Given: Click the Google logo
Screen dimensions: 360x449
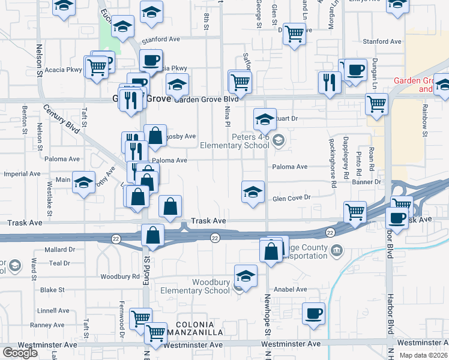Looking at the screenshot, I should click(x=19, y=353).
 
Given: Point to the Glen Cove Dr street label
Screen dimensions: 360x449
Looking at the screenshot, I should click(x=291, y=197).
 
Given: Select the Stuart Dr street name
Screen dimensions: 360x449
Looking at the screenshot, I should click(x=285, y=119).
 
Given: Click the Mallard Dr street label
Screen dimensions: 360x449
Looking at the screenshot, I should click(x=59, y=249).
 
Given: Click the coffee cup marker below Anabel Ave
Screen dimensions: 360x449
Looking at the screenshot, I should click(x=313, y=314).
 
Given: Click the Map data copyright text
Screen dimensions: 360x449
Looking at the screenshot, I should click(x=424, y=355).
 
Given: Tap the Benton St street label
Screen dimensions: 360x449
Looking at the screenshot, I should click(x=25, y=120).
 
